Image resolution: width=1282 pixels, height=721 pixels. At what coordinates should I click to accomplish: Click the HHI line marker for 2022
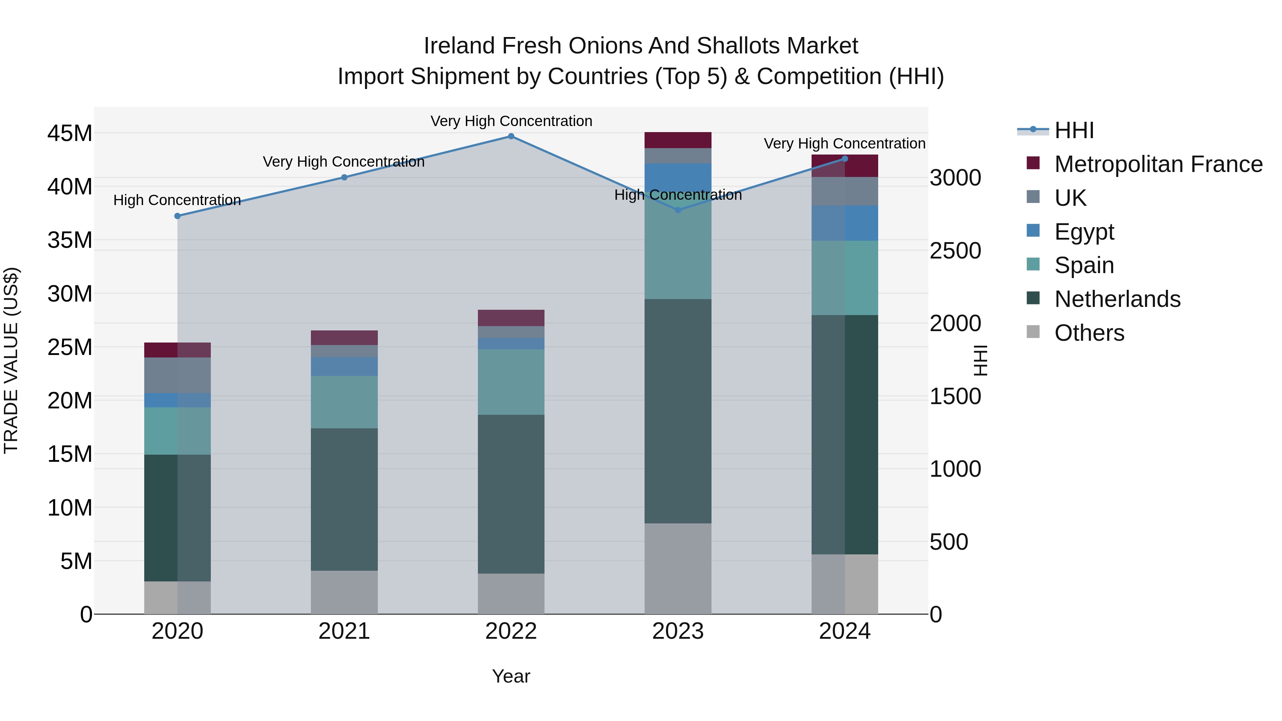(x=511, y=136)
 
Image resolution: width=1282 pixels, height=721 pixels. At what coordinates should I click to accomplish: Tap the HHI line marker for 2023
(x=677, y=210)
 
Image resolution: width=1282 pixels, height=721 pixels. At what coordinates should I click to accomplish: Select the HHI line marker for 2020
(x=177, y=216)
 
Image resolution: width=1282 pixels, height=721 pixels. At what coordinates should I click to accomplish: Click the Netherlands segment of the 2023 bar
(x=677, y=411)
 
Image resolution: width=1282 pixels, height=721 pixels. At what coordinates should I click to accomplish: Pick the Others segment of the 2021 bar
(x=344, y=592)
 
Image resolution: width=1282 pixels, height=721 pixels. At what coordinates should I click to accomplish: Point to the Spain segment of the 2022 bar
(x=511, y=382)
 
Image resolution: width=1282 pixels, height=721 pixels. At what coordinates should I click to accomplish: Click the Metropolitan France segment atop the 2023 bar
(x=677, y=140)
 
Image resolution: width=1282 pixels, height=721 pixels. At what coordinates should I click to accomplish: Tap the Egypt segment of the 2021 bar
(x=344, y=366)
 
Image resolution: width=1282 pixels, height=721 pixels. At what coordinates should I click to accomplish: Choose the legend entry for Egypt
(x=1084, y=232)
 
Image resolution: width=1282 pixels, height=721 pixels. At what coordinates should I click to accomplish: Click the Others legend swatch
(x=1033, y=332)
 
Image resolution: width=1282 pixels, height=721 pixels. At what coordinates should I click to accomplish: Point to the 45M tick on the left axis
(x=70, y=134)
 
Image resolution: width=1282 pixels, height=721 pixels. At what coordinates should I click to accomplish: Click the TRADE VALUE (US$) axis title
(x=11, y=360)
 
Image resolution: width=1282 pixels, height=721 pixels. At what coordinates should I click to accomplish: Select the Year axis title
(x=511, y=676)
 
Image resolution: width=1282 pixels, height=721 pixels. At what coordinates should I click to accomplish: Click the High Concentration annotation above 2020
(x=177, y=200)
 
